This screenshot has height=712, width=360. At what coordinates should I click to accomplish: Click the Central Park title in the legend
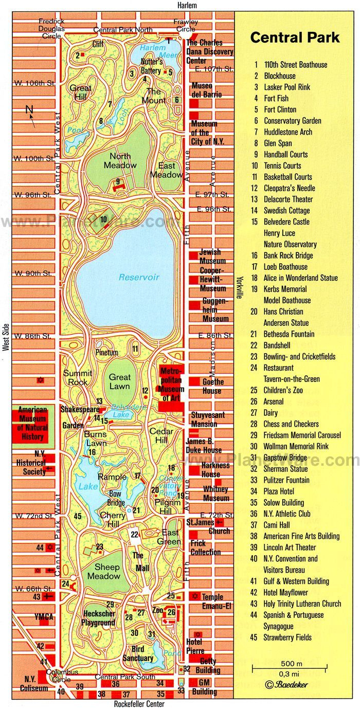pyautogui.click(x=295, y=38)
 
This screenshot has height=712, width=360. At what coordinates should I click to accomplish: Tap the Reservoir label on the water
pyautogui.click(x=139, y=277)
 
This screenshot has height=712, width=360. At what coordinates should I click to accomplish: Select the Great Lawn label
pyautogui.click(x=120, y=381)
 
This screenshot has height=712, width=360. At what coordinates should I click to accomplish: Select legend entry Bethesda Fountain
pyautogui.click(x=289, y=334)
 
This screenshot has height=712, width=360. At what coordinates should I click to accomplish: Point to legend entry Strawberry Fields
pyautogui.click(x=288, y=637)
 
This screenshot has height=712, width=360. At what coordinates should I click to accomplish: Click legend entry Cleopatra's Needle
pyautogui.click(x=290, y=188)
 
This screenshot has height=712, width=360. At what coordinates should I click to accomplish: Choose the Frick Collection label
pyautogui.click(x=205, y=547)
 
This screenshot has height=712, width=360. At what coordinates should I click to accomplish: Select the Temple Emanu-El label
pyautogui.click(x=212, y=601)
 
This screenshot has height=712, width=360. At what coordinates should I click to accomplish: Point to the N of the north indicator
pyautogui.click(x=29, y=109)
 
